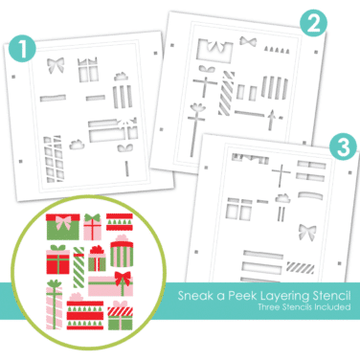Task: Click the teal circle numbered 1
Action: (22, 49)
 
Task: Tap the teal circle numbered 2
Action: (313, 23)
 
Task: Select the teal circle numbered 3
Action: (343, 147)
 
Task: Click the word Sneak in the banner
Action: (195, 296)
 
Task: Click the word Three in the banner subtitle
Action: (269, 307)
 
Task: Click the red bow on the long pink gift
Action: (123, 278)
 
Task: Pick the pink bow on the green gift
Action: (63, 222)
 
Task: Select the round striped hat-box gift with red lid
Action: (122, 254)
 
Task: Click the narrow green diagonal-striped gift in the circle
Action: (79, 267)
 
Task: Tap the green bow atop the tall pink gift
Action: (55, 283)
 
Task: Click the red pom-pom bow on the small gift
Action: (97, 250)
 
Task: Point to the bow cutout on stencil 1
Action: (56, 65)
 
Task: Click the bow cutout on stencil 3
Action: (306, 232)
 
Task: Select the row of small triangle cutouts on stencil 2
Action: (277, 50)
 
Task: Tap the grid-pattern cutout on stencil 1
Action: (53, 159)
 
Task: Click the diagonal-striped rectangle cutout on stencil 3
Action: (300, 267)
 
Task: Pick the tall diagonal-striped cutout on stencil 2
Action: (226, 93)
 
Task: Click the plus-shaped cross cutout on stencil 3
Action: (281, 175)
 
